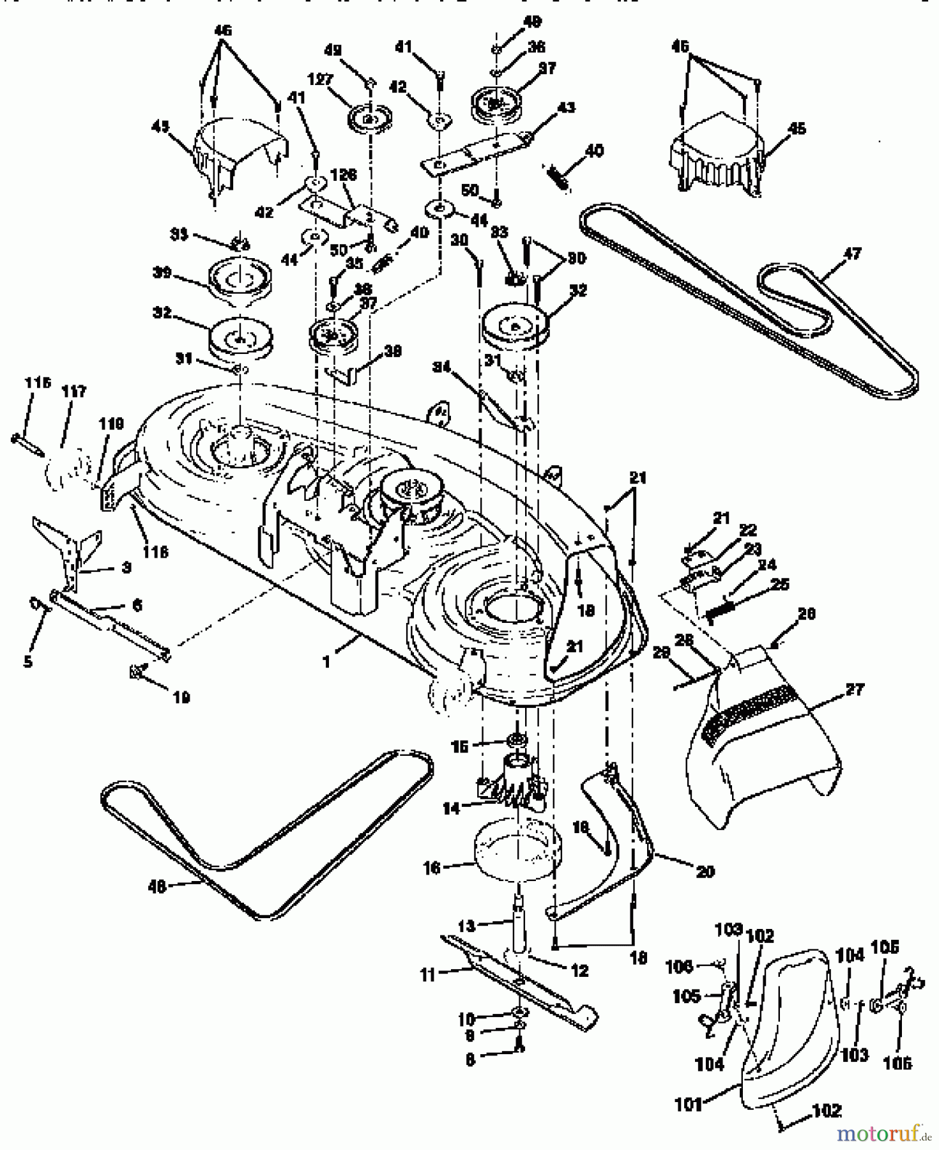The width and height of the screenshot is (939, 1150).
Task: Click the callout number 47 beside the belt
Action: coord(851,254)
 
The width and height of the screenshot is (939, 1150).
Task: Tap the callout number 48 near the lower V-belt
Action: coord(156,887)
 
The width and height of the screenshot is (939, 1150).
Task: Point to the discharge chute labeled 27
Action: coord(767,754)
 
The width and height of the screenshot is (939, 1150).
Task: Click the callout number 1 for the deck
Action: coord(326,663)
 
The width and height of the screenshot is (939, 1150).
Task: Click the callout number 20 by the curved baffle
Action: coord(705,871)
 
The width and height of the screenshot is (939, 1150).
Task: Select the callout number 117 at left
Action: coord(74,391)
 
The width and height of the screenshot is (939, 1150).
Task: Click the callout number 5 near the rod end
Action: coord(27,661)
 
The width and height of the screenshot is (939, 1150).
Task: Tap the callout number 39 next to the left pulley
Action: coord(162,273)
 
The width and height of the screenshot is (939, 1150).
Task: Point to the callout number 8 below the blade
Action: coord(471,1059)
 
